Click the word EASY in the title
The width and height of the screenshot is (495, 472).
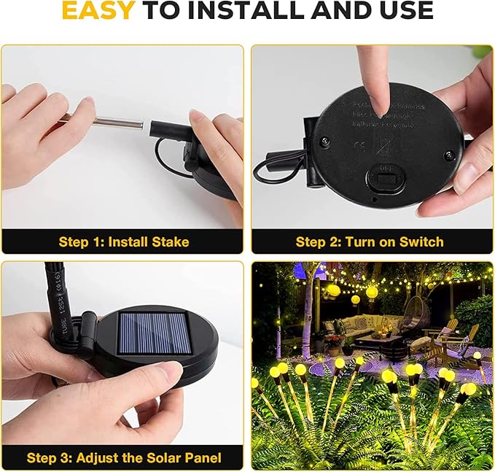[x=98, y=11]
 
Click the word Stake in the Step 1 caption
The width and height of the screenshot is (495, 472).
[x=170, y=241]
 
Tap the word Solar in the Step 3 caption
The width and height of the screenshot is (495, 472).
[x=155, y=458]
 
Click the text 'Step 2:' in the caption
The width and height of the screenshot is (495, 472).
[x=319, y=241]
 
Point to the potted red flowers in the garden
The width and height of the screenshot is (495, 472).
[x=334, y=340]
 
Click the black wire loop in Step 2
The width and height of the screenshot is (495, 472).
[x=274, y=167]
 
